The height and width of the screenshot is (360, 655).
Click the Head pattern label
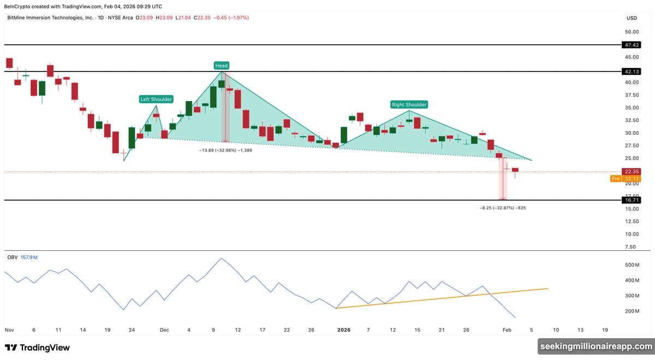point(221,65)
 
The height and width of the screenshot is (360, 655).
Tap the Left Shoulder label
point(156,99)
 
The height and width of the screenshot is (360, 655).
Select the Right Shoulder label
point(409,104)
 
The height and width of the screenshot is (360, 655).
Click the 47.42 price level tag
point(632,45)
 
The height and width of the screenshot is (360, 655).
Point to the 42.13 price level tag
point(632,71)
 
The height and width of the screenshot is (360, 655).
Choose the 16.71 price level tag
point(632,200)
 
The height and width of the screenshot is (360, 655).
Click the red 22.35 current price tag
point(632,171)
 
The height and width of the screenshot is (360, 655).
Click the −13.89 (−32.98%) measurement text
point(225,149)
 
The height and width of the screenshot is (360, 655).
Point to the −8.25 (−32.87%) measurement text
point(502,208)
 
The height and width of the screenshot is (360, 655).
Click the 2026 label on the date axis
point(343,330)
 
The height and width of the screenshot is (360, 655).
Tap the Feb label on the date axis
point(507,330)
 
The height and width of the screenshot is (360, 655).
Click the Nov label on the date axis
point(9,330)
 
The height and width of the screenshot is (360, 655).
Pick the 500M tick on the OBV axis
point(632,265)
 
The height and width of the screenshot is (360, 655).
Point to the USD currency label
point(632,18)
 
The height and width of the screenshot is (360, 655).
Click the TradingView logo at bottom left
point(37,347)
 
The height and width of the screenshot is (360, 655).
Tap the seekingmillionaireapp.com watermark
point(596,346)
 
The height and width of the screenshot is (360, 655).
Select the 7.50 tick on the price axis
point(631,247)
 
